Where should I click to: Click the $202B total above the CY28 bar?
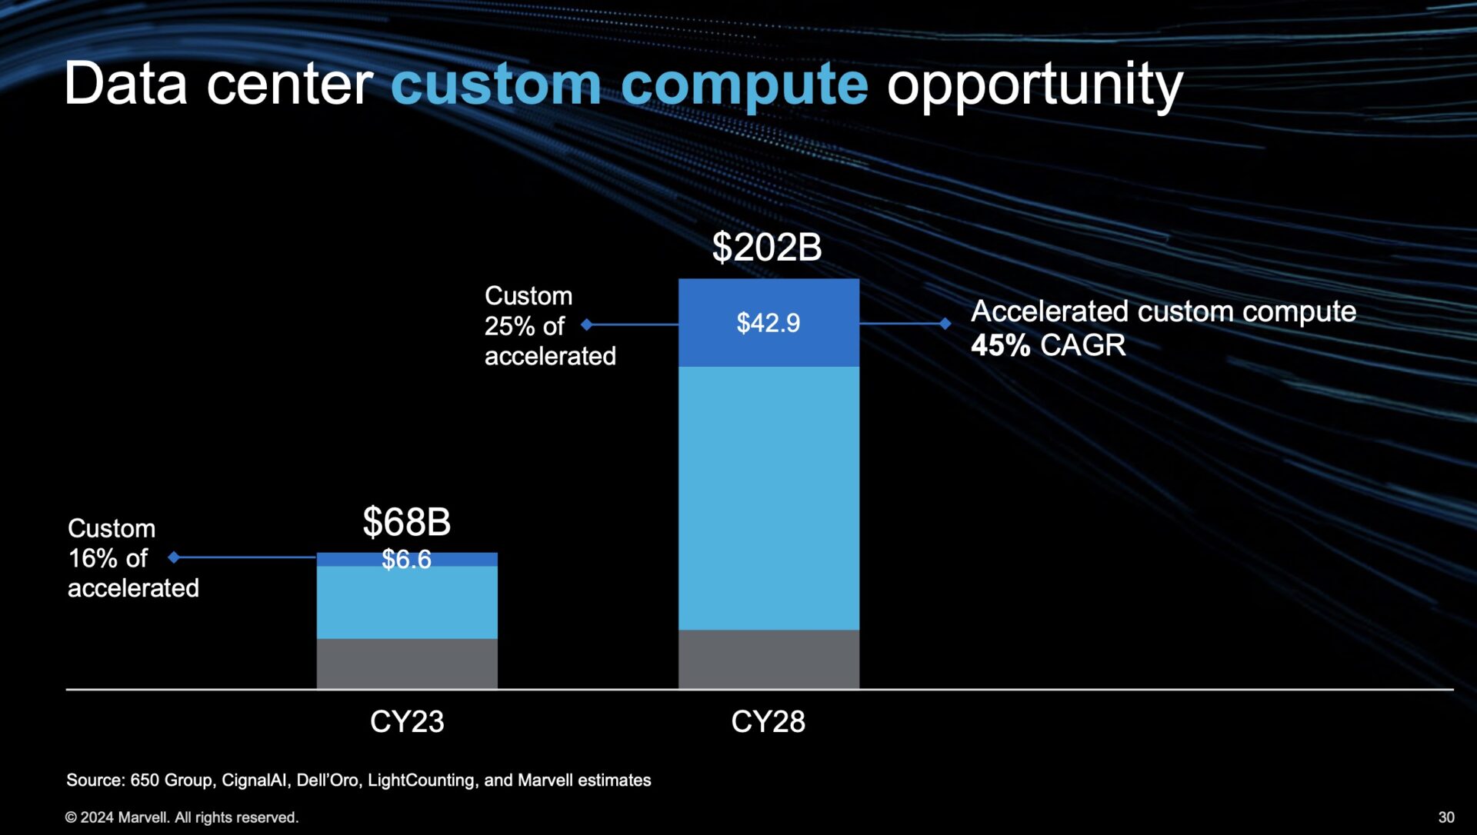(766, 248)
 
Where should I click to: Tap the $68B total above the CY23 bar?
(406, 522)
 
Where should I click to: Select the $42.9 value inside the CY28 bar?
(768, 323)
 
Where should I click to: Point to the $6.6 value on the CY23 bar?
(406, 559)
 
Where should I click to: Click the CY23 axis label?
(407, 721)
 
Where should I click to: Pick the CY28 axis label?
(768, 721)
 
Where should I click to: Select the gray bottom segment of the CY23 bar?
(407, 663)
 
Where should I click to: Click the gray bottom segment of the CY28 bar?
(769, 659)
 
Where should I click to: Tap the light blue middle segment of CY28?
(769, 498)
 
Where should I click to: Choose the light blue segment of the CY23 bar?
(407, 602)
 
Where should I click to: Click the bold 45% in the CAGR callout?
(999, 345)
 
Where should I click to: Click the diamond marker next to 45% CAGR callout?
(945, 324)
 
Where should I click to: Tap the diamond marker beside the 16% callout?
(175, 557)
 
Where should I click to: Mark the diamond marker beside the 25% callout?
(587, 324)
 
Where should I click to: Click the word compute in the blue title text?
(744, 85)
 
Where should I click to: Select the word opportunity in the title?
(1034, 85)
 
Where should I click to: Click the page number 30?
(1446, 817)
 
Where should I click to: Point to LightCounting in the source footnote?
(422, 780)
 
